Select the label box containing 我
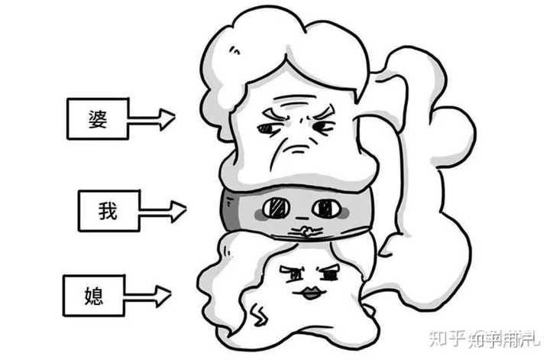[109, 211]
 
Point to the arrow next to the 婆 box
[151, 118]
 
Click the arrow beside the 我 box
[163, 209]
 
